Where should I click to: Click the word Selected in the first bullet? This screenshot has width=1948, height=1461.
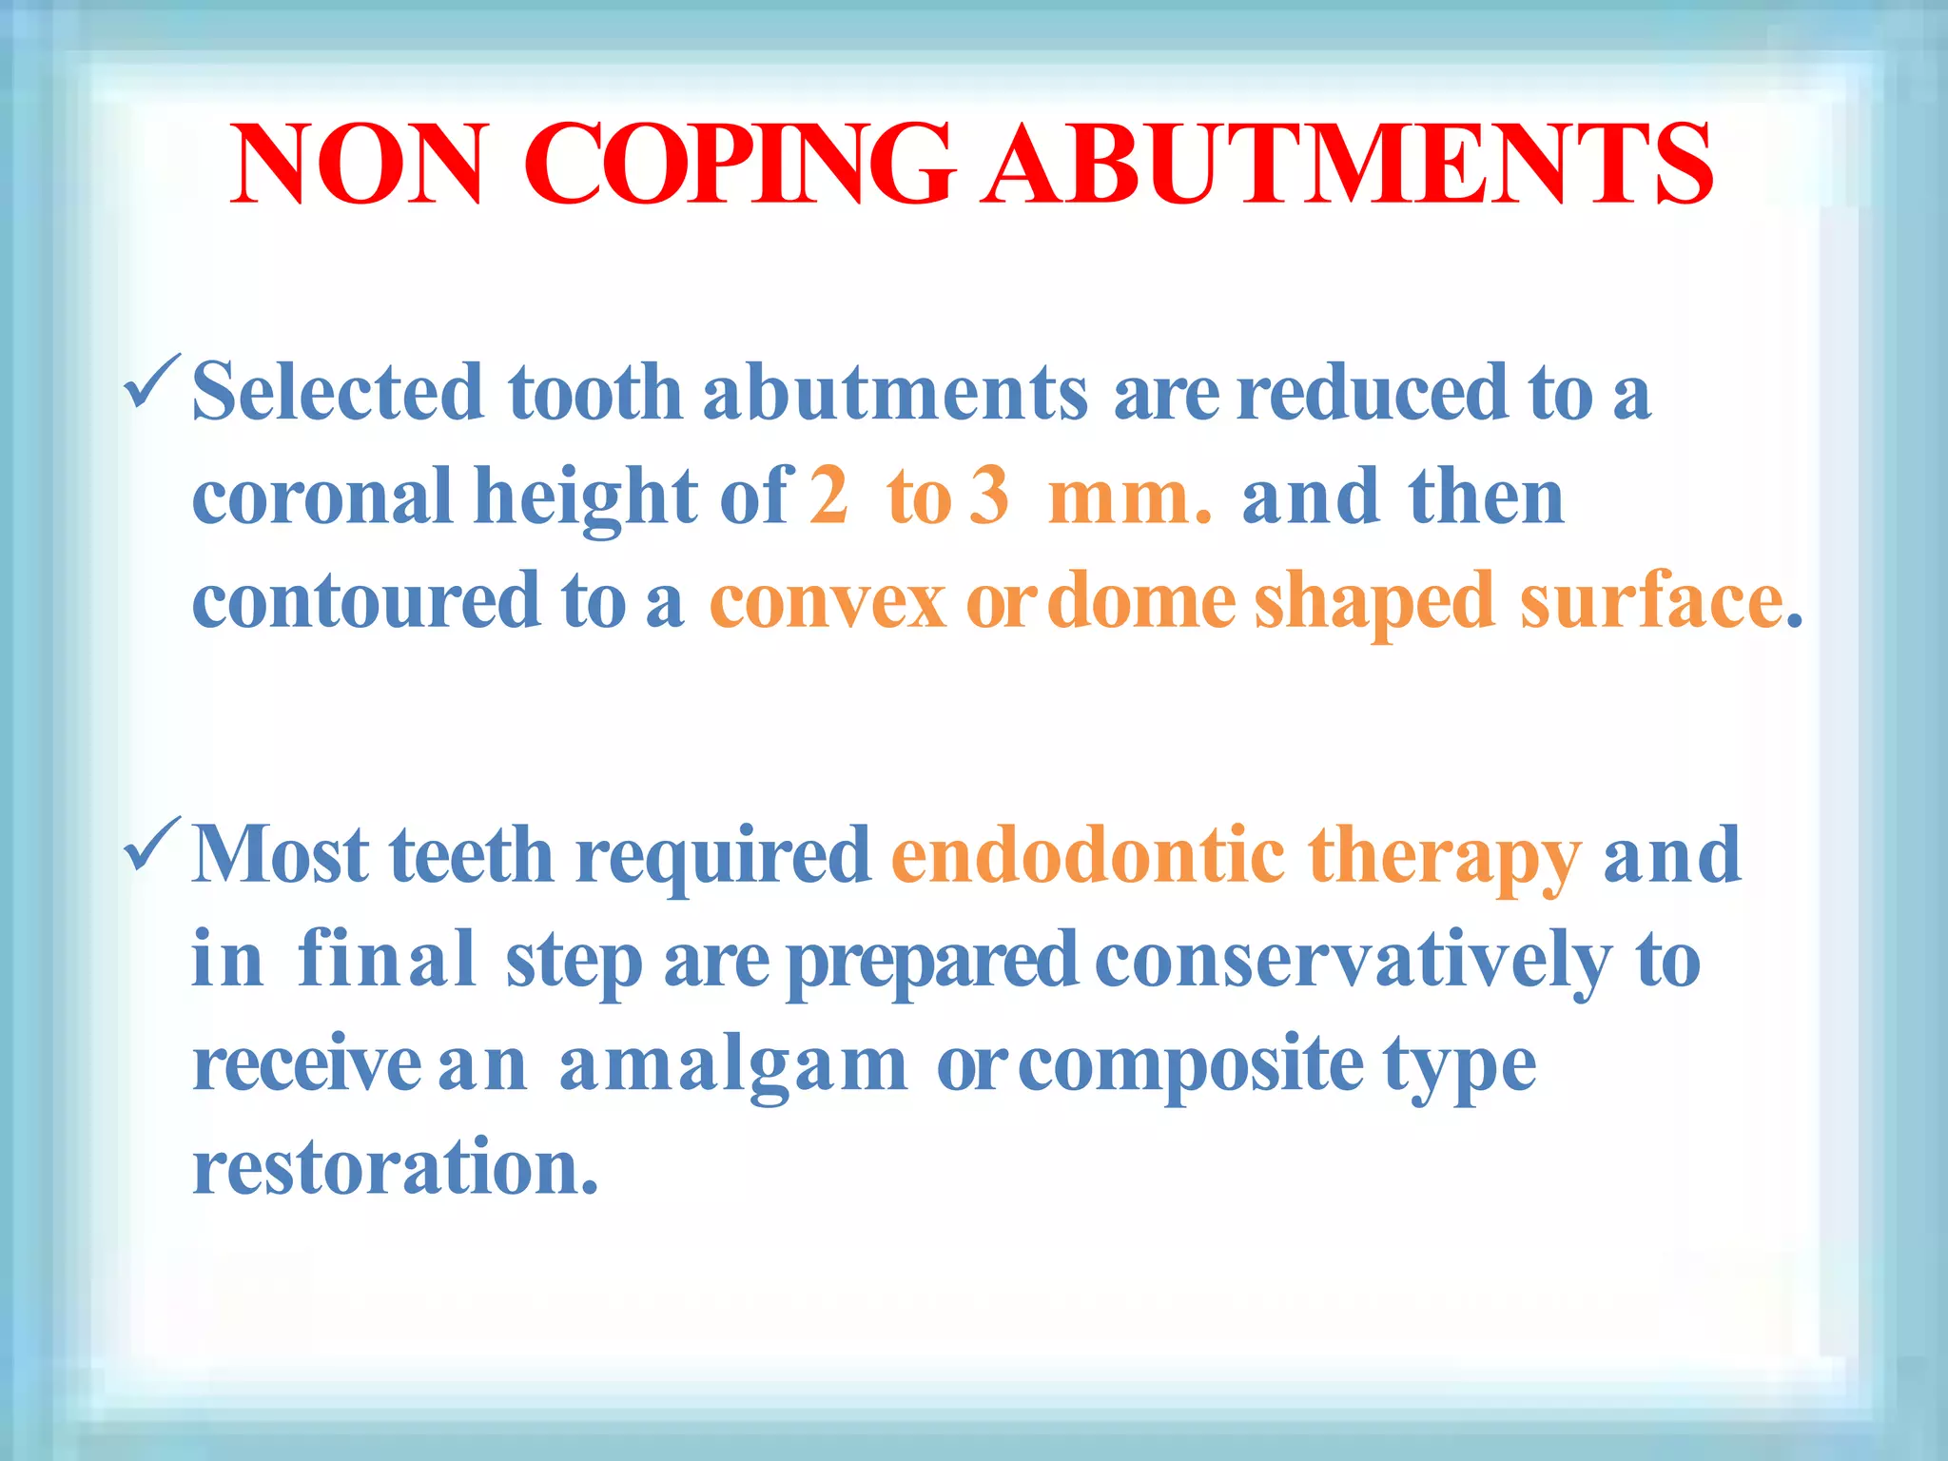click(338, 392)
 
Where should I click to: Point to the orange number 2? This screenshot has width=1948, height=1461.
click(828, 497)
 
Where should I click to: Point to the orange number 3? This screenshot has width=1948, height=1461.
click(990, 497)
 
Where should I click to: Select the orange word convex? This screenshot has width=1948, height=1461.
click(828, 602)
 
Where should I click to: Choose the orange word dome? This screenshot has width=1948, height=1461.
click(1146, 602)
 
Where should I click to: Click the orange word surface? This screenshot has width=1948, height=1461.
click(1651, 602)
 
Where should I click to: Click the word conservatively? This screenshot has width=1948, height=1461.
click(1354, 961)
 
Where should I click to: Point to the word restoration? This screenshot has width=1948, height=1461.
click(395, 1168)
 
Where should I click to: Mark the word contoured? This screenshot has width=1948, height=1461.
click(366, 602)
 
